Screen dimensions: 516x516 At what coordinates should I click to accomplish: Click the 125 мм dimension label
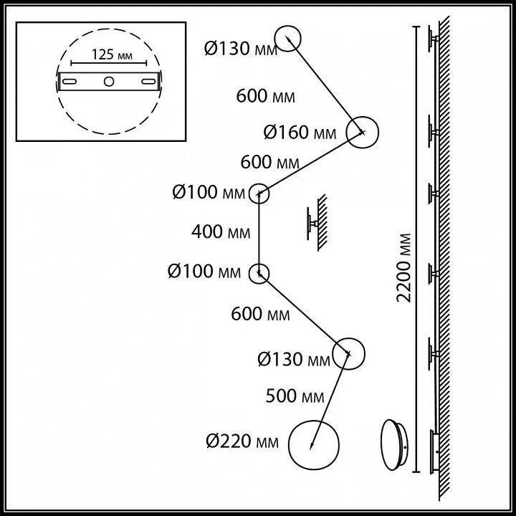point(112,54)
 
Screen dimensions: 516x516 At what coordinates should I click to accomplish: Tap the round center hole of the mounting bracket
point(109,81)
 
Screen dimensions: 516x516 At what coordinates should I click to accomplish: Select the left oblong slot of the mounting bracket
point(70,81)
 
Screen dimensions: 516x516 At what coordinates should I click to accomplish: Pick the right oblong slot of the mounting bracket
point(149,81)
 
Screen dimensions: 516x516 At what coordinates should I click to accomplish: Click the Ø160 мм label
point(300,133)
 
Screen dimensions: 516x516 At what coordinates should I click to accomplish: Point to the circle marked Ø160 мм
point(363,133)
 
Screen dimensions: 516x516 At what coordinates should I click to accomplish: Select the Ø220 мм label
point(242,441)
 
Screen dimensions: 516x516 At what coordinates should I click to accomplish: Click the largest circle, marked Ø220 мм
point(314,445)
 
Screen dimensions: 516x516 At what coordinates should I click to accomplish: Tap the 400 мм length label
point(221,231)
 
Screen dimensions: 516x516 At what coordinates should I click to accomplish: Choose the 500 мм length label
point(295,396)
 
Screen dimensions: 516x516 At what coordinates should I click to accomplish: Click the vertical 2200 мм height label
point(403,267)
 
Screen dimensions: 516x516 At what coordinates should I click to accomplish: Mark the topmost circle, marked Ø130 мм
point(287,39)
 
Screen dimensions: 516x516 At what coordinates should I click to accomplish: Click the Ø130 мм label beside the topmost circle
point(241,49)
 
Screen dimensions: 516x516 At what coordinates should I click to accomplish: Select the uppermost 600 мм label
point(266,97)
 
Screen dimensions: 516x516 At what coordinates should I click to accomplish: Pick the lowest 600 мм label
point(260,314)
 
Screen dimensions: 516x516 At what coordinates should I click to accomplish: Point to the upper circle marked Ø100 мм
point(259,193)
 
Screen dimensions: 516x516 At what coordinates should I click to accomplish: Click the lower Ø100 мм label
point(204,272)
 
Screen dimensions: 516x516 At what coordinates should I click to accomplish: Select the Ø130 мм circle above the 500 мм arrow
point(348,354)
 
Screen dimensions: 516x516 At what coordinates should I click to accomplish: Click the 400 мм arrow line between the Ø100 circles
point(259,234)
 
